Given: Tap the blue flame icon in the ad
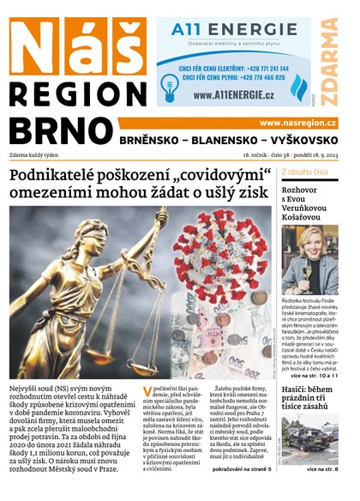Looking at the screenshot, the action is point(297,87).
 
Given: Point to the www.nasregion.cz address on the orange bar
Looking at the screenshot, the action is point(297,123).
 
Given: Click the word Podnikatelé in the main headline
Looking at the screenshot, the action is point(56,177).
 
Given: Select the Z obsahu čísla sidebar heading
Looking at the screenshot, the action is point(306,172).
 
